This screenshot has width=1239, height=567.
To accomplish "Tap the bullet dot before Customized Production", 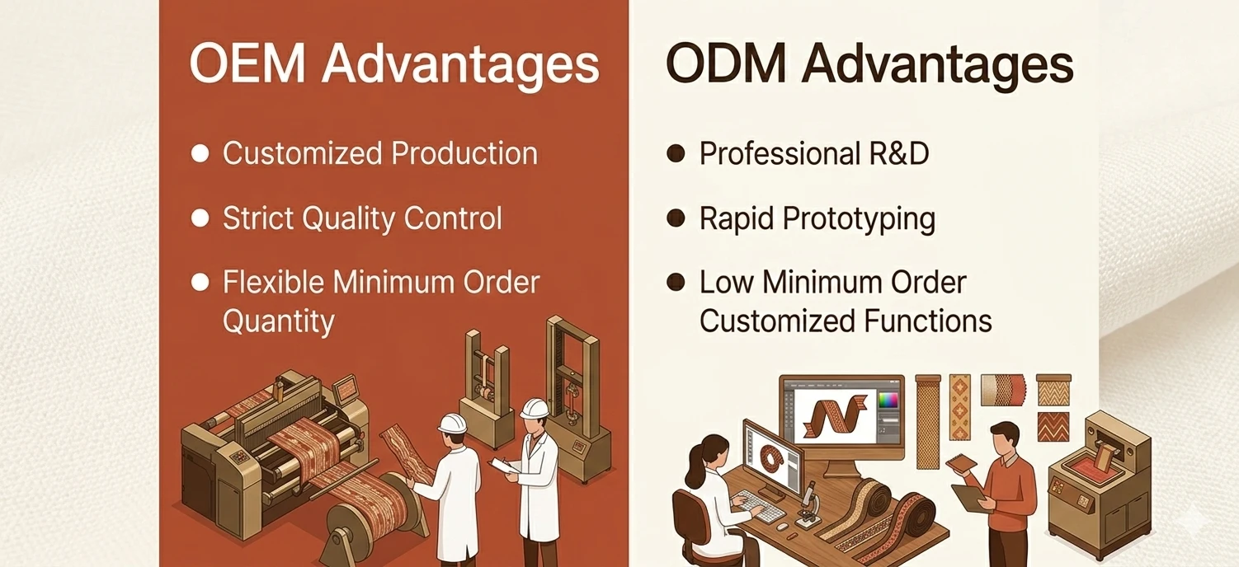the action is [200, 153].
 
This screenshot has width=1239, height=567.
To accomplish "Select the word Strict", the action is [256, 218].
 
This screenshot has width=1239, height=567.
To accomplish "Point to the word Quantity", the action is [279, 321].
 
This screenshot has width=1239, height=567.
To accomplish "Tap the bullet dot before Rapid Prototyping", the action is [676, 218].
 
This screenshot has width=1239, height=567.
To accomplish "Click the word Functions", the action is [927, 321].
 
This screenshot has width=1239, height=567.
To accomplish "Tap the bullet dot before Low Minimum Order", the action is [676, 283].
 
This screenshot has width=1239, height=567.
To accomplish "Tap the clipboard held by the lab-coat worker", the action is [505, 466].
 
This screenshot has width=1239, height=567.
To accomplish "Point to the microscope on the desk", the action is [808, 504].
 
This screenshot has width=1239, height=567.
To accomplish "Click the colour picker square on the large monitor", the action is [889, 400].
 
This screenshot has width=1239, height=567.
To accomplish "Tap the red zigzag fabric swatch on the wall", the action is [1053, 427].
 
